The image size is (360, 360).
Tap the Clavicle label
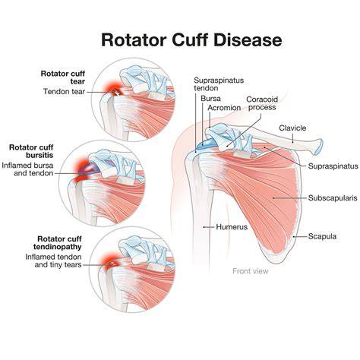pyautogui.click(x=292, y=128)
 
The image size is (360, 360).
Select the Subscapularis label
pyautogui.click(x=333, y=197)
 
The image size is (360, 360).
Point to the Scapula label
pyautogui.click(x=322, y=236)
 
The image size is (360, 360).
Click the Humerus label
pyautogui.click(x=232, y=227)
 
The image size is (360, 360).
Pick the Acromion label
pyautogui.click(x=224, y=108)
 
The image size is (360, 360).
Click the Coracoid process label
pyautogui.click(x=262, y=103)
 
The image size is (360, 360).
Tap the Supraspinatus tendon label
pyautogui.click(x=219, y=84)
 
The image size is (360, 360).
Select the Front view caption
pyautogui.click(x=251, y=271)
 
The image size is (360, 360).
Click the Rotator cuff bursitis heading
pyautogui.click(x=31, y=151)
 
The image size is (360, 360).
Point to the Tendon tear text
pyautogui.click(x=64, y=91)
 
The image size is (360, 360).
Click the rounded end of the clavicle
pyautogui.click(x=319, y=147)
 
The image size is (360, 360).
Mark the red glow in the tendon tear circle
pyautogui.click(x=112, y=88)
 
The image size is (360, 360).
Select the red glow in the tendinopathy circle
pyautogui.click(x=110, y=261)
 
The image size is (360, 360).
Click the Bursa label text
pyautogui.click(x=210, y=99)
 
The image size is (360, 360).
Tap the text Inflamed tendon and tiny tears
pyautogui.click(x=53, y=261)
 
